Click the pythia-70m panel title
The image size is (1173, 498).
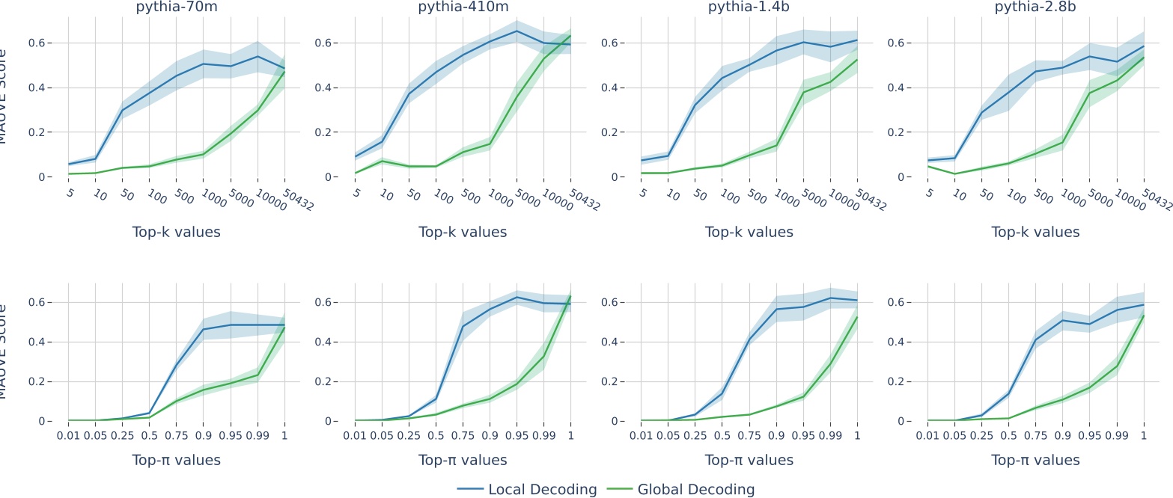point(176,8)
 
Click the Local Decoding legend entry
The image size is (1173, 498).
point(528,490)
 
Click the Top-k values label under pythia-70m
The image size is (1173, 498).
point(176,232)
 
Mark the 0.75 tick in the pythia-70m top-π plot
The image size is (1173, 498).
point(176,434)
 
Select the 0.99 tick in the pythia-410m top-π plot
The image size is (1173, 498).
point(543,434)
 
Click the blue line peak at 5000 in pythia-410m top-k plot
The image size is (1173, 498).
point(517,31)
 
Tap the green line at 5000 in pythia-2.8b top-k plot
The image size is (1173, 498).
point(1090,93)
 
